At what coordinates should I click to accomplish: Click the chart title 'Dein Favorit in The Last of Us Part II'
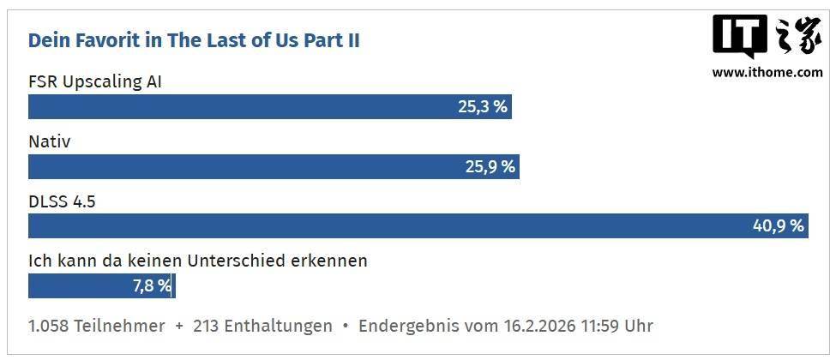194,40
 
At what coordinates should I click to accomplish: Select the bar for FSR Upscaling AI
257,107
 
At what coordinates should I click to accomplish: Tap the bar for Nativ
257,166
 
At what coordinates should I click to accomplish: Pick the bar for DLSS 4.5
386,226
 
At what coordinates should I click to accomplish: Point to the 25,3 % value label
482,107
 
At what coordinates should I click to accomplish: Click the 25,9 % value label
490,166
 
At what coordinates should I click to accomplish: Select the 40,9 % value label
779,226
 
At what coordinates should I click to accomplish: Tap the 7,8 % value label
152,285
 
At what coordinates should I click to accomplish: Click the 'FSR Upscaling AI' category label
95,82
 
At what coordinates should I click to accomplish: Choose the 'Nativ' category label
49,141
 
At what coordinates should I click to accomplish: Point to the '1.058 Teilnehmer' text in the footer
96,326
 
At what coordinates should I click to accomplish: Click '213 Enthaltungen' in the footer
262,326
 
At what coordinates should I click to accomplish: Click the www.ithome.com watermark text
767,73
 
